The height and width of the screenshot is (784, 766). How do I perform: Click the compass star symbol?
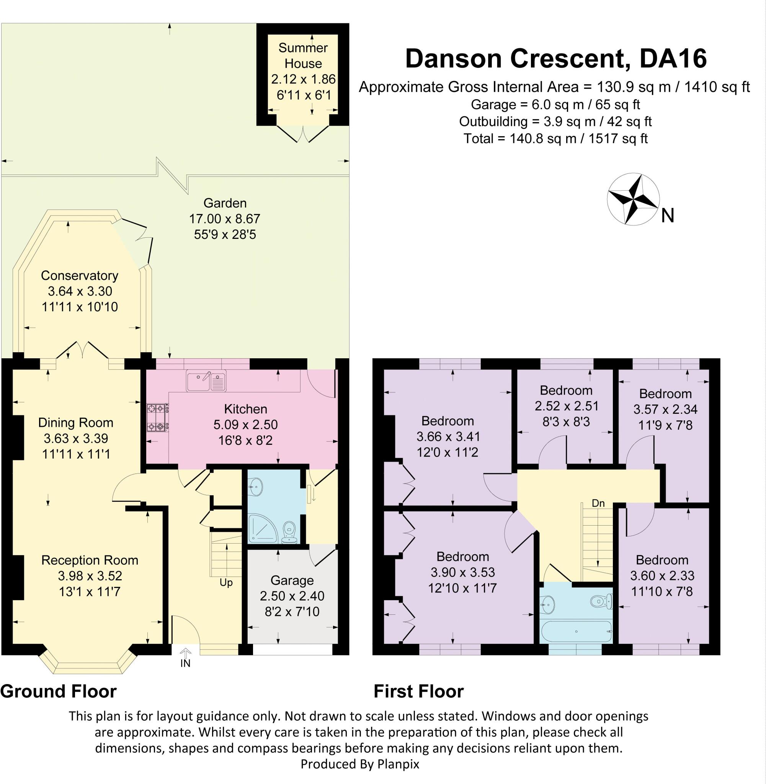pyautogui.click(x=633, y=199)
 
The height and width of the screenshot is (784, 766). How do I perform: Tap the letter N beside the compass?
pyautogui.click(x=668, y=216)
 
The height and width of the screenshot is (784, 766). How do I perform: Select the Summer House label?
pyautogui.click(x=303, y=56)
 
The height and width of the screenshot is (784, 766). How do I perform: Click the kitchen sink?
pyautogui.click(x=206, y=381)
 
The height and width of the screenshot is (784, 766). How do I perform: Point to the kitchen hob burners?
pyautogui.click(x=157, y=418)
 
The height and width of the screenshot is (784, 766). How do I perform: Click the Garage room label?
pyautogui.click(x=292, y=580)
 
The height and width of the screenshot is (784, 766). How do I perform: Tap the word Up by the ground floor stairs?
pyautogui.click(x=226, y=583)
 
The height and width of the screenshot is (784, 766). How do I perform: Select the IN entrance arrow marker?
pyautogui.click(x=185, y=658)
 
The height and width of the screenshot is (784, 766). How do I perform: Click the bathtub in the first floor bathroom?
pyautogui.click(x=576, y=632)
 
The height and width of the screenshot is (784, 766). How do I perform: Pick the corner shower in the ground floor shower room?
pyautogui.click(x=262, y=528)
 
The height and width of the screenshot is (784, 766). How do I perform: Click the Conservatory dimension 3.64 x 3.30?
pyautogui.click(x=80, y=291)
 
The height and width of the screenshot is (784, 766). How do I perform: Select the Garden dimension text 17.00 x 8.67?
pyautogui.click(x=224, y=219)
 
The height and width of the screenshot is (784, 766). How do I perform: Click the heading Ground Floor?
pyautogui.click(x=58, y=691)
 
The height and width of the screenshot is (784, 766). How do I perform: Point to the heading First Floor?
pyautogui.click(x=418, y=691)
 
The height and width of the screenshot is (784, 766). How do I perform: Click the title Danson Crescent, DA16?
pyautogui.click(x=555, y=58)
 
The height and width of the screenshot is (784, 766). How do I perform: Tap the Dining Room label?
pyautogui.click(x=76, y=422)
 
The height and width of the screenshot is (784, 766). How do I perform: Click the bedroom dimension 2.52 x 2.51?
pyautogui.click(x=566, y=406)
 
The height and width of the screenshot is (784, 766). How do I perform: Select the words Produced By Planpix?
pyautogui.click(x=360, y=764)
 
